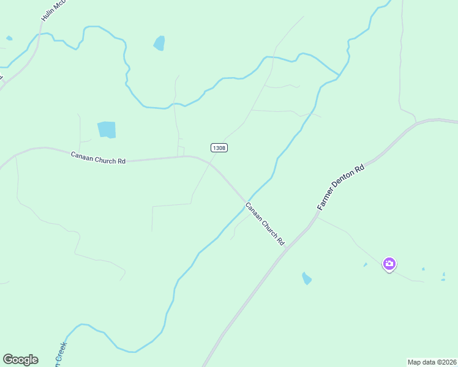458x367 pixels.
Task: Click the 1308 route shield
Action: pos(219,147)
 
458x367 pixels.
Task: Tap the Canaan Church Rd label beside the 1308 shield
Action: pos(98,157)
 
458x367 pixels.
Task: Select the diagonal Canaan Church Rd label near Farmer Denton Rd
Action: pos(265,224)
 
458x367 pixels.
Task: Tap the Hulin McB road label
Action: pos(52,10)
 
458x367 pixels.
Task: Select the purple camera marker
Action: pos(389,264)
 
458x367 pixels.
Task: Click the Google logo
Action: pos(20,360)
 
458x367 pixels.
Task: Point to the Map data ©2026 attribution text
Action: pos(432,362)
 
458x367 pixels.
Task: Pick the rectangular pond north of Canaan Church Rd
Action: pos(107,130)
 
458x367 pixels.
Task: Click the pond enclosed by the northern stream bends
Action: pos(159,43)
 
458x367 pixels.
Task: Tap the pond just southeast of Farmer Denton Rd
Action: pos(306,278)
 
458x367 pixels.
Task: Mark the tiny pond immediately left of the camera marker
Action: pos(365,265)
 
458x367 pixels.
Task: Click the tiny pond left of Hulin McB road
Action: pos(9,38)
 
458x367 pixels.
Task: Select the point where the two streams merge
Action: pos(339,76)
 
